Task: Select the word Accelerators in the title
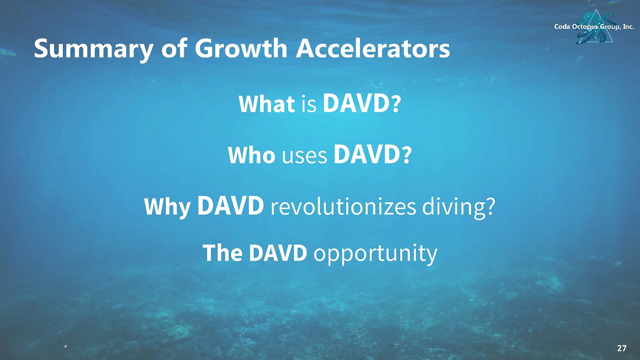click(x=372, y=48)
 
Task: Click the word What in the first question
click(x=266, y=104)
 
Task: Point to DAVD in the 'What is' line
click(x=355, y=104)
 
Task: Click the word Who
click(x=251, y=155)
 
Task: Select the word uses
click(x=304, y=156)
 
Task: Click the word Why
click(x=168, y=207)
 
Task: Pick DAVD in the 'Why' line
click(x=230, y=205)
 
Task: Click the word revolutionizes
click(x=343, y=206)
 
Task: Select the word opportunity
click(x=375, y=254)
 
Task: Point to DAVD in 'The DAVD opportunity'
click(x=278, y=252)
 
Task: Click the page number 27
click(x=621, y=348)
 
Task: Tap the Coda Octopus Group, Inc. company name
click(x=594, y=27)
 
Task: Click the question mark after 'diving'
click(x=490, y=206)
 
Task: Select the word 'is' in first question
click(x=309, y=105)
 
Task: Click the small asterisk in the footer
click(x=66, y=347)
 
